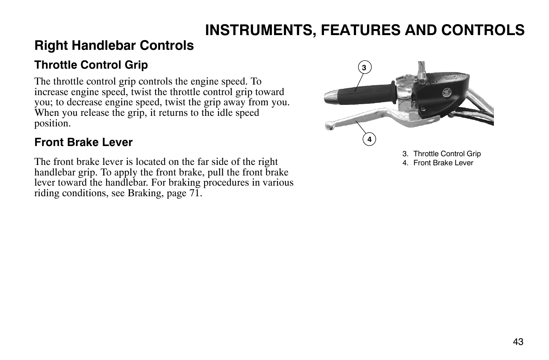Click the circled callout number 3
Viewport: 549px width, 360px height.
point(364,68)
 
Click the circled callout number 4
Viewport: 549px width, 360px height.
point(369,140)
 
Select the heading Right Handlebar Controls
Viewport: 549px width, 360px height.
point(114,46)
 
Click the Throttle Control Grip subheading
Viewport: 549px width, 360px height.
point(91,65)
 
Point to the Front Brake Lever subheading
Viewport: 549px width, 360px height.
point(83,143)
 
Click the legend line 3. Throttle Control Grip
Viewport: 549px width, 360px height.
point(441,154)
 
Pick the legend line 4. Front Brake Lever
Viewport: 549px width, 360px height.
point(438,163)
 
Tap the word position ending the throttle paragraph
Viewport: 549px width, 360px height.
point(52,123)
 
